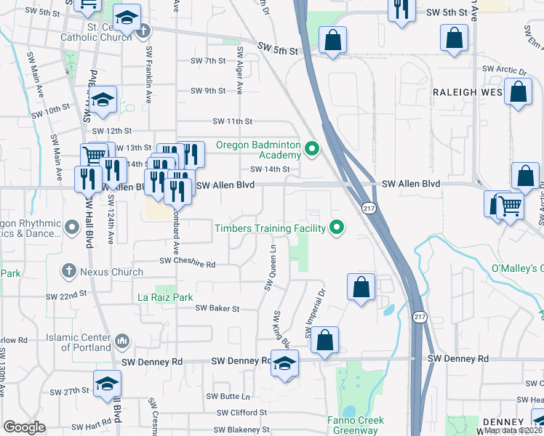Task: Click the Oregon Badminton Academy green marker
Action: click(313, 150)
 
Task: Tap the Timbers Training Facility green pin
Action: click(336, 228)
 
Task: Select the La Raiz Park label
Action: click(166, 297)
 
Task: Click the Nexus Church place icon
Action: click(69, 272)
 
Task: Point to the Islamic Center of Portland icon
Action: click(121, 340)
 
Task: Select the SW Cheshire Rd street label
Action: click(188, 265)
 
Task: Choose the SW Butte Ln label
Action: click(228, 397)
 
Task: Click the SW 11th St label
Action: click(232, 121)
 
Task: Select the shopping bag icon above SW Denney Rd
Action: click(327, 339)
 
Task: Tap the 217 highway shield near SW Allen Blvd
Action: click(369, 206)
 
